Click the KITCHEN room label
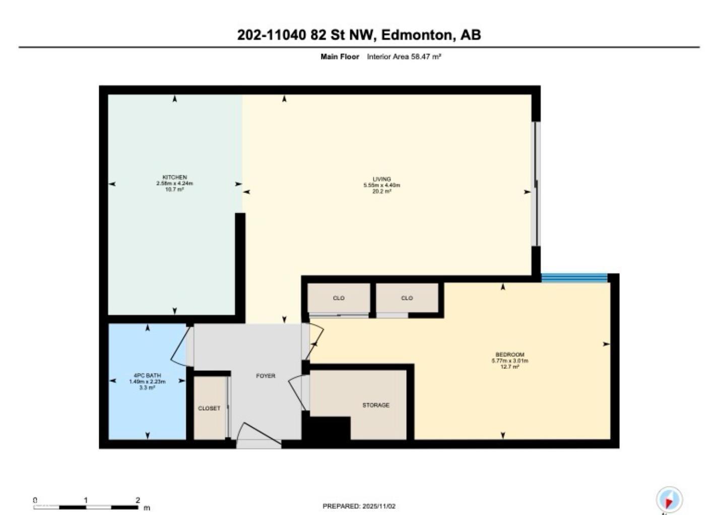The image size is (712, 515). click(174, 177)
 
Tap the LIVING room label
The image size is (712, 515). click(381, 179)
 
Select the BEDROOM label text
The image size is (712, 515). click(509, 355)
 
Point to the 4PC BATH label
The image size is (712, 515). click(147, 375)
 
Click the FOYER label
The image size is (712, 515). click(266, 376)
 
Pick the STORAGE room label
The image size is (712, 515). click(375, 405)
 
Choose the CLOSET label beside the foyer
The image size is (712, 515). click(209, 408)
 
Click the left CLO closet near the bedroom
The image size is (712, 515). click(339, 298)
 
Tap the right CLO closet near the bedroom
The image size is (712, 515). click(407, 298)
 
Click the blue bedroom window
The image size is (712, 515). click(574, 278)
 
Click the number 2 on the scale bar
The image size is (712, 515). click(138, 500)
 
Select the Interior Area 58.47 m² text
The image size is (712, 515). click(404, 57)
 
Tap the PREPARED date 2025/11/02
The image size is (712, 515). click(378, 506)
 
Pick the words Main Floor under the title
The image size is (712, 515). click(340, 57)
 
